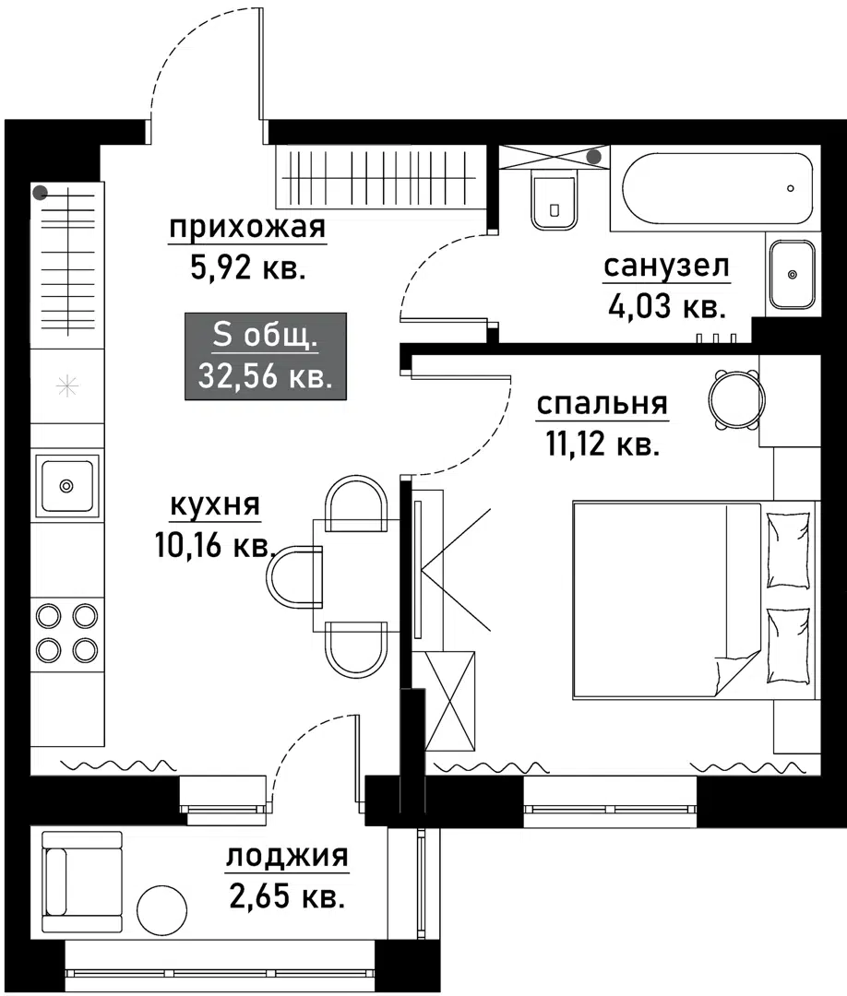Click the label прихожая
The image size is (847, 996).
click(246, 228)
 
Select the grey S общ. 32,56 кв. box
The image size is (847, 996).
click(266, 356)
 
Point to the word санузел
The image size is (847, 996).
click(666, 267)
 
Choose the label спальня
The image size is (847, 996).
click(602, 404)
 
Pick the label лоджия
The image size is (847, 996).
click(287, 857)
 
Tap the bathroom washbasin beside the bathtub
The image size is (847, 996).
click(791, 274)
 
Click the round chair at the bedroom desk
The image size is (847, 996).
click(735, 399)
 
